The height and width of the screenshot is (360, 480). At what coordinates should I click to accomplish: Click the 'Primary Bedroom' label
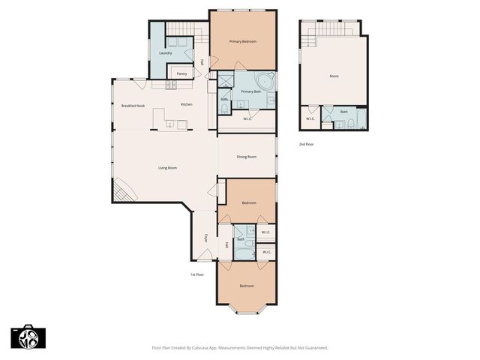(x=243, y=42)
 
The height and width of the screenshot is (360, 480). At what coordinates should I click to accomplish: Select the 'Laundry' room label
(x=165, y=54)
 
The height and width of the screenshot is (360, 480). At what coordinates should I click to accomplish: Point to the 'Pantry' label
(x=181, y=73)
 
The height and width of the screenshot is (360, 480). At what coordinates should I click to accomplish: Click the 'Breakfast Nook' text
(x=133, y=106)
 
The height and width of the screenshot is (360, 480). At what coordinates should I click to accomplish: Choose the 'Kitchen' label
(x=187, y=105)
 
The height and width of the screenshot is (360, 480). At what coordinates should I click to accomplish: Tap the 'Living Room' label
(x=167, y=167)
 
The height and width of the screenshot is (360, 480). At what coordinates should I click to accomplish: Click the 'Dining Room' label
(x=247, y=157)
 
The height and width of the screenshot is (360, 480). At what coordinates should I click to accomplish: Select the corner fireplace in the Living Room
(x=123, y=190)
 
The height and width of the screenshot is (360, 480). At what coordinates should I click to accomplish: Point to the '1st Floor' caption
(x=196, y=274)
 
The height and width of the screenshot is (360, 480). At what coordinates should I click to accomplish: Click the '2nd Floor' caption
(x=306, y=143)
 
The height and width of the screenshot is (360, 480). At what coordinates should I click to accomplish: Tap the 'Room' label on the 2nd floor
(x=334, y=76)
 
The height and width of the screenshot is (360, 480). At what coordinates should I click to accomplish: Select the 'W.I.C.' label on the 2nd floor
(x=310, y=118)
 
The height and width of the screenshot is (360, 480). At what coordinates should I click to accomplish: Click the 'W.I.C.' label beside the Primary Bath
(x=247, y=118)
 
